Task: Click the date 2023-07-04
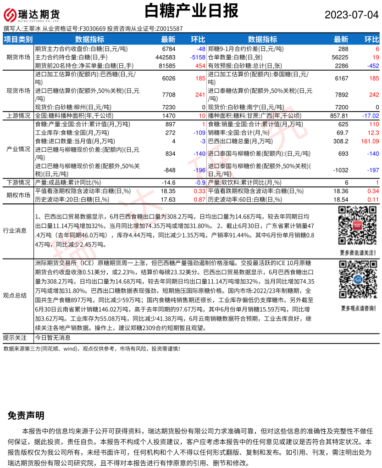pos(352,15)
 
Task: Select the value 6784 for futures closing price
pos(169,49)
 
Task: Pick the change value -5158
pos(197,57)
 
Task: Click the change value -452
pos(371,66)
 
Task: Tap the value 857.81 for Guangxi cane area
pos(339,116)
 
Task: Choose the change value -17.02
pos(370,116)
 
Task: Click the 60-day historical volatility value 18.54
pos(341,199)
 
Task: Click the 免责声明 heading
pos(26,416)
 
